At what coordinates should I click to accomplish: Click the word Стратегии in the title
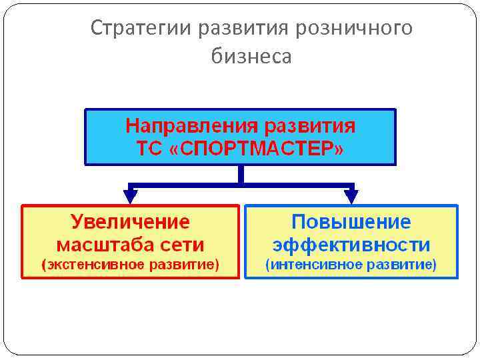tap(136, 28)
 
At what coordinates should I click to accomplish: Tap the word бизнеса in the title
tap(251, 57)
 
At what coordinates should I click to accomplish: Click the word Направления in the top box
tap(191, 127)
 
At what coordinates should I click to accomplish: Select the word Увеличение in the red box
tap(130, 221)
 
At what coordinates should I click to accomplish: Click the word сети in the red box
tap(185, 244)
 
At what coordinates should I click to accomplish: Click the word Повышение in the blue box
tap(351, 221)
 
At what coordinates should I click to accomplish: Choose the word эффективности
tap(351, 244)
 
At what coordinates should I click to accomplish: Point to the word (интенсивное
tap(309, 265)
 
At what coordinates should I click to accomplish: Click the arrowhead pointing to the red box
tap(131, 196)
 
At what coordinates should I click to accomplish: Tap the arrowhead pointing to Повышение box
tap(351, 196)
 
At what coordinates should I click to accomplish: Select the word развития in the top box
tap(310, 127)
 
